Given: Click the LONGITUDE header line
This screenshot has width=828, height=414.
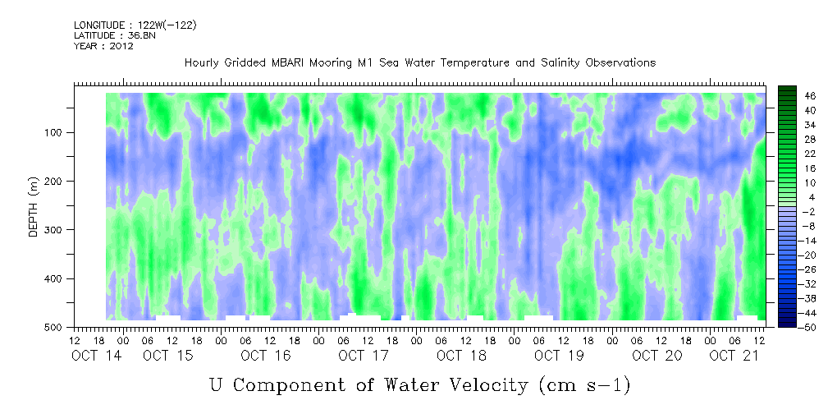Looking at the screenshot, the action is (135, 25).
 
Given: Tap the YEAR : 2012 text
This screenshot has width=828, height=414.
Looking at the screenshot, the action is (103, 46).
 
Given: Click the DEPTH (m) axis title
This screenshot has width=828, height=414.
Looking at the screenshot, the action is (34, 210).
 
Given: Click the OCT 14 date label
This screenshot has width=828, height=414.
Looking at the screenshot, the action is (97, 356).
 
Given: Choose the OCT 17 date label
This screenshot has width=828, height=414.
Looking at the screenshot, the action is (364, 356).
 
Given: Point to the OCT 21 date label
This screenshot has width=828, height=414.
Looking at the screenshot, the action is (734, 356).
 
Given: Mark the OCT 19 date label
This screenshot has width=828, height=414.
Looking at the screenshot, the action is (559, 356).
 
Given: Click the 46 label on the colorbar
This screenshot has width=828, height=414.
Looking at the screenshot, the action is (811, 96).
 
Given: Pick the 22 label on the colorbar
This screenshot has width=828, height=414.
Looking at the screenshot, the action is (811, 157).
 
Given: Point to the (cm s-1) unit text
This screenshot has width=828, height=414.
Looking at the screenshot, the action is (584, 385).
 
